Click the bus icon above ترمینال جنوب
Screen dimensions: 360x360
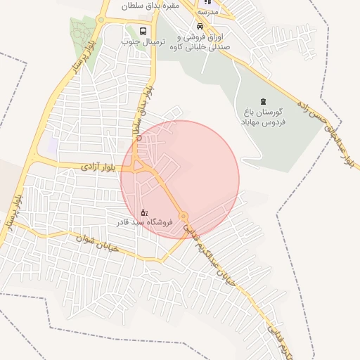pyautogui.click(x=143, y=31)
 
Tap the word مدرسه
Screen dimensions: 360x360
pyautogui.click(x=209, y=12)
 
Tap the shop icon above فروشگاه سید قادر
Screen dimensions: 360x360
pyautogui.click(x=144, y=211)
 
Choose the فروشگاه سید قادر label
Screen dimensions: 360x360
pyautogui.click(x=145, y=221)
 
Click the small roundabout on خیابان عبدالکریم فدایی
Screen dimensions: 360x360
pyautogui.click(x=183, y=216)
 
